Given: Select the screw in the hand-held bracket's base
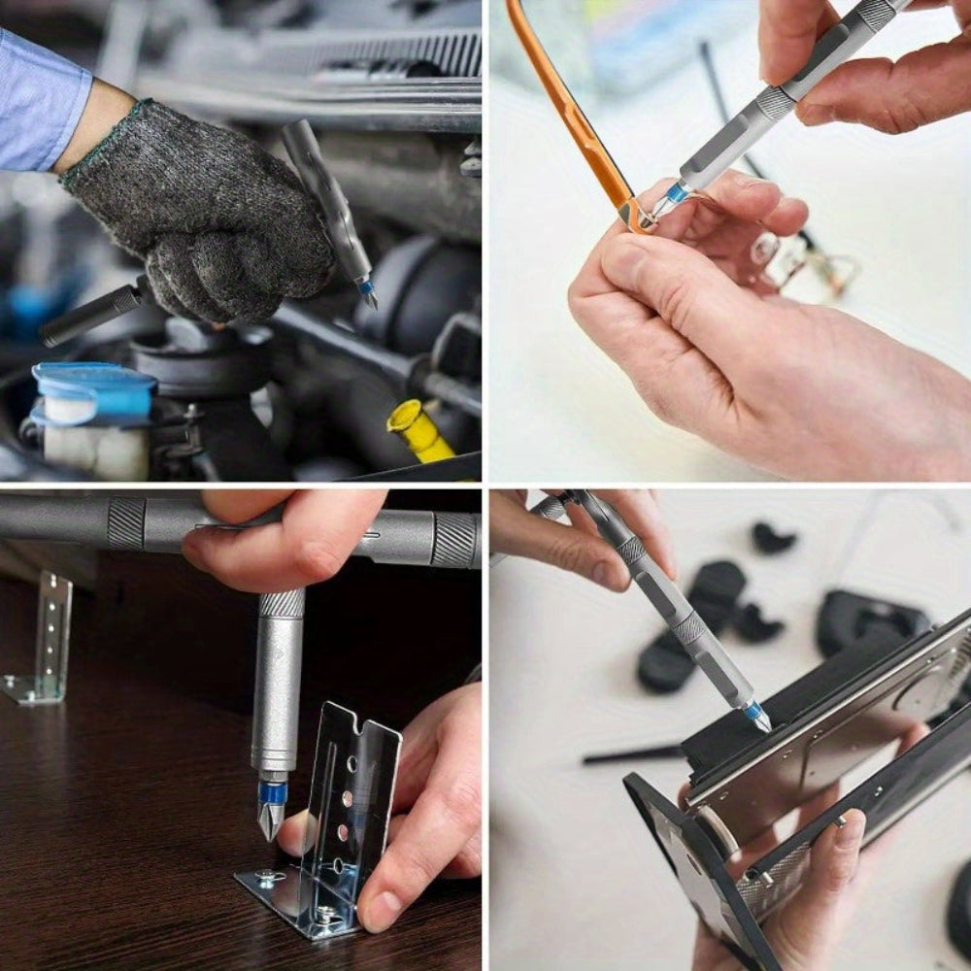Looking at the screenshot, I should point(268,879).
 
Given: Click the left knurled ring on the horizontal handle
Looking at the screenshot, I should point(126,523).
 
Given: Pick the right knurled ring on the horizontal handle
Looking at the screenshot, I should point(453,540).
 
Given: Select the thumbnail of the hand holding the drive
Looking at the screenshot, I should point(847,831).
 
